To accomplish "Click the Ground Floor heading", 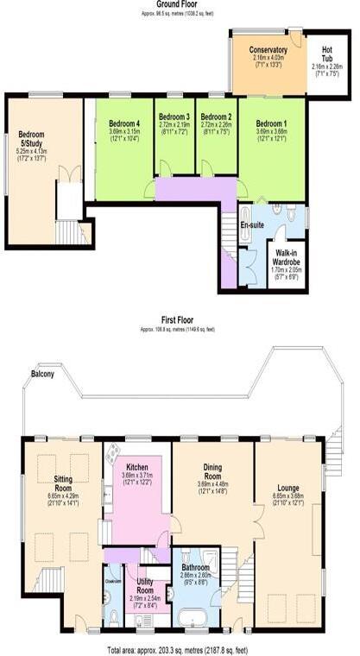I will click(x=180, y=4).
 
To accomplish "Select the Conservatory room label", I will click(x=268, y=50).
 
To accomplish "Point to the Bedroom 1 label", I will click(x=271, y=123).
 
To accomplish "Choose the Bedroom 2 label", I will click(x=217, y=117).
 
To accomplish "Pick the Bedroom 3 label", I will click(x=174, y=117).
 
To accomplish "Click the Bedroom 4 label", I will click(x=124, y=123).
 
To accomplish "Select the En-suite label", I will click(x=251, y=224).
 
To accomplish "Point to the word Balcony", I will click(x=44, y=375).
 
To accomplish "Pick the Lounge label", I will click(x=288, y=485).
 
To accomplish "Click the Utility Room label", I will click(x=145, y=587).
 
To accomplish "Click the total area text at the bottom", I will click(x=177, y=648).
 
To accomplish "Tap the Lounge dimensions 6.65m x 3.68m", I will click(x=288, y=496).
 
